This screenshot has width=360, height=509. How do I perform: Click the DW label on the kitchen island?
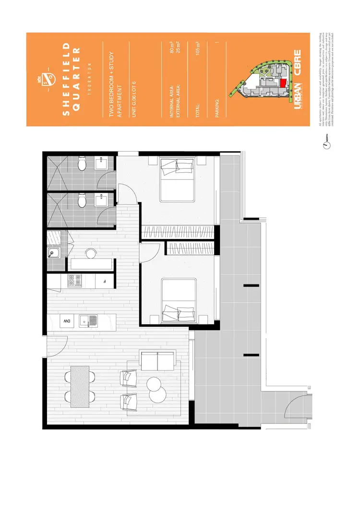click(65, 320)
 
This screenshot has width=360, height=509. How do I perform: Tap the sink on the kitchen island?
click(89, 320)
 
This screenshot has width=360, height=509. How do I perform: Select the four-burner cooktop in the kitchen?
click(75, 281)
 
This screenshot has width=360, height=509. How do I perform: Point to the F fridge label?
click(104, 281)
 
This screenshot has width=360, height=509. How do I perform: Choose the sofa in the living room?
click(157, 359)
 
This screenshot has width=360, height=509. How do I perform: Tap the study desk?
click(91, 264)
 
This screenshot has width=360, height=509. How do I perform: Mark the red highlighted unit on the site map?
click(283, 83)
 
